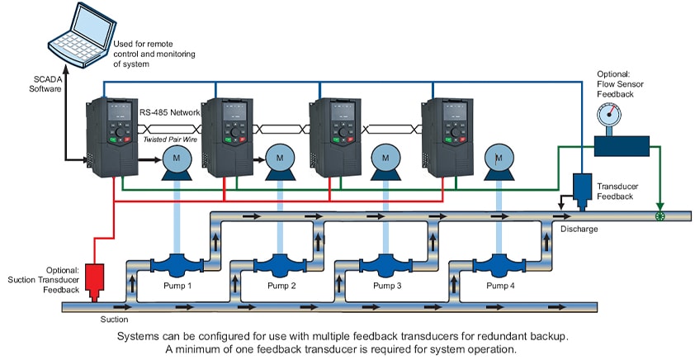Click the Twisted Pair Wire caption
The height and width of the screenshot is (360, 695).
pos(173,140)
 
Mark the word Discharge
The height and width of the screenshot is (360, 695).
pos(577,230)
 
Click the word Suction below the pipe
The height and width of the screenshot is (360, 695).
pos(114,319)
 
